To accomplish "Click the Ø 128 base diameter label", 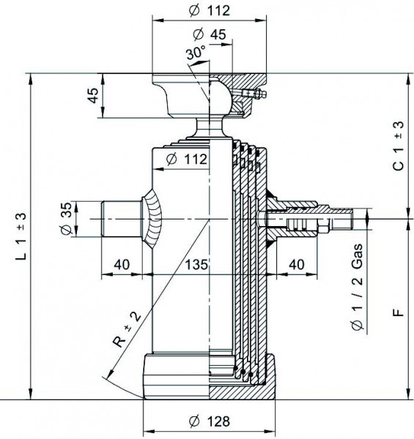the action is tap(209, 421).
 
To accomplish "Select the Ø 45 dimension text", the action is tap(210, 34).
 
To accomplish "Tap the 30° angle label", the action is tap(196, 53).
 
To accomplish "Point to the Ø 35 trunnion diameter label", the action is tap(67, 218).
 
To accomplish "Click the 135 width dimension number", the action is tap(196, 264).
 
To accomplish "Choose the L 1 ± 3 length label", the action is tap(21, 236).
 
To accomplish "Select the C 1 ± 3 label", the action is tap(399, 146).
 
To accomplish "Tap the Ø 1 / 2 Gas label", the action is tap(357, 288).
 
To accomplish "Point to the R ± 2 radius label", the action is tap(127, 330).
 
